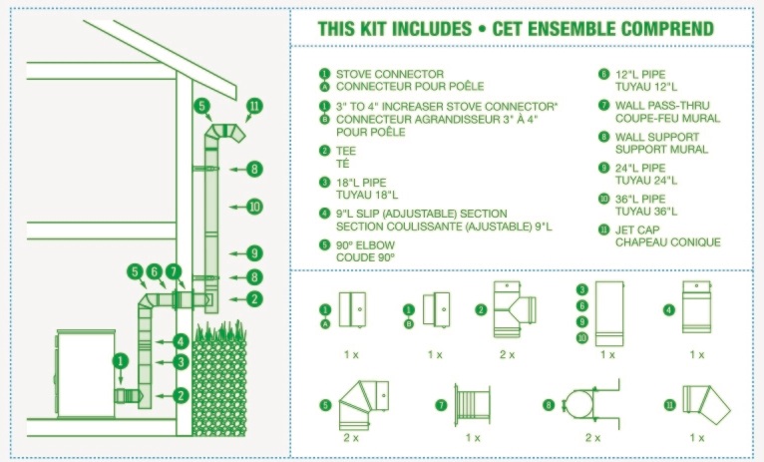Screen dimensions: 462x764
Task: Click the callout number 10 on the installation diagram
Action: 254,207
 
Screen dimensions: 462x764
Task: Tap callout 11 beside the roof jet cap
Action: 254,105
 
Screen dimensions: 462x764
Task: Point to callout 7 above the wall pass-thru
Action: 175,271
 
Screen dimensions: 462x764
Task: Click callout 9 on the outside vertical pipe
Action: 254,252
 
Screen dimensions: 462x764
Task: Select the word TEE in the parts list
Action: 346,151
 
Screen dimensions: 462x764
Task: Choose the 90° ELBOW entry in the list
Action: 365,244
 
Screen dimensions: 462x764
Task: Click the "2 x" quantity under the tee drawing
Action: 507,354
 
